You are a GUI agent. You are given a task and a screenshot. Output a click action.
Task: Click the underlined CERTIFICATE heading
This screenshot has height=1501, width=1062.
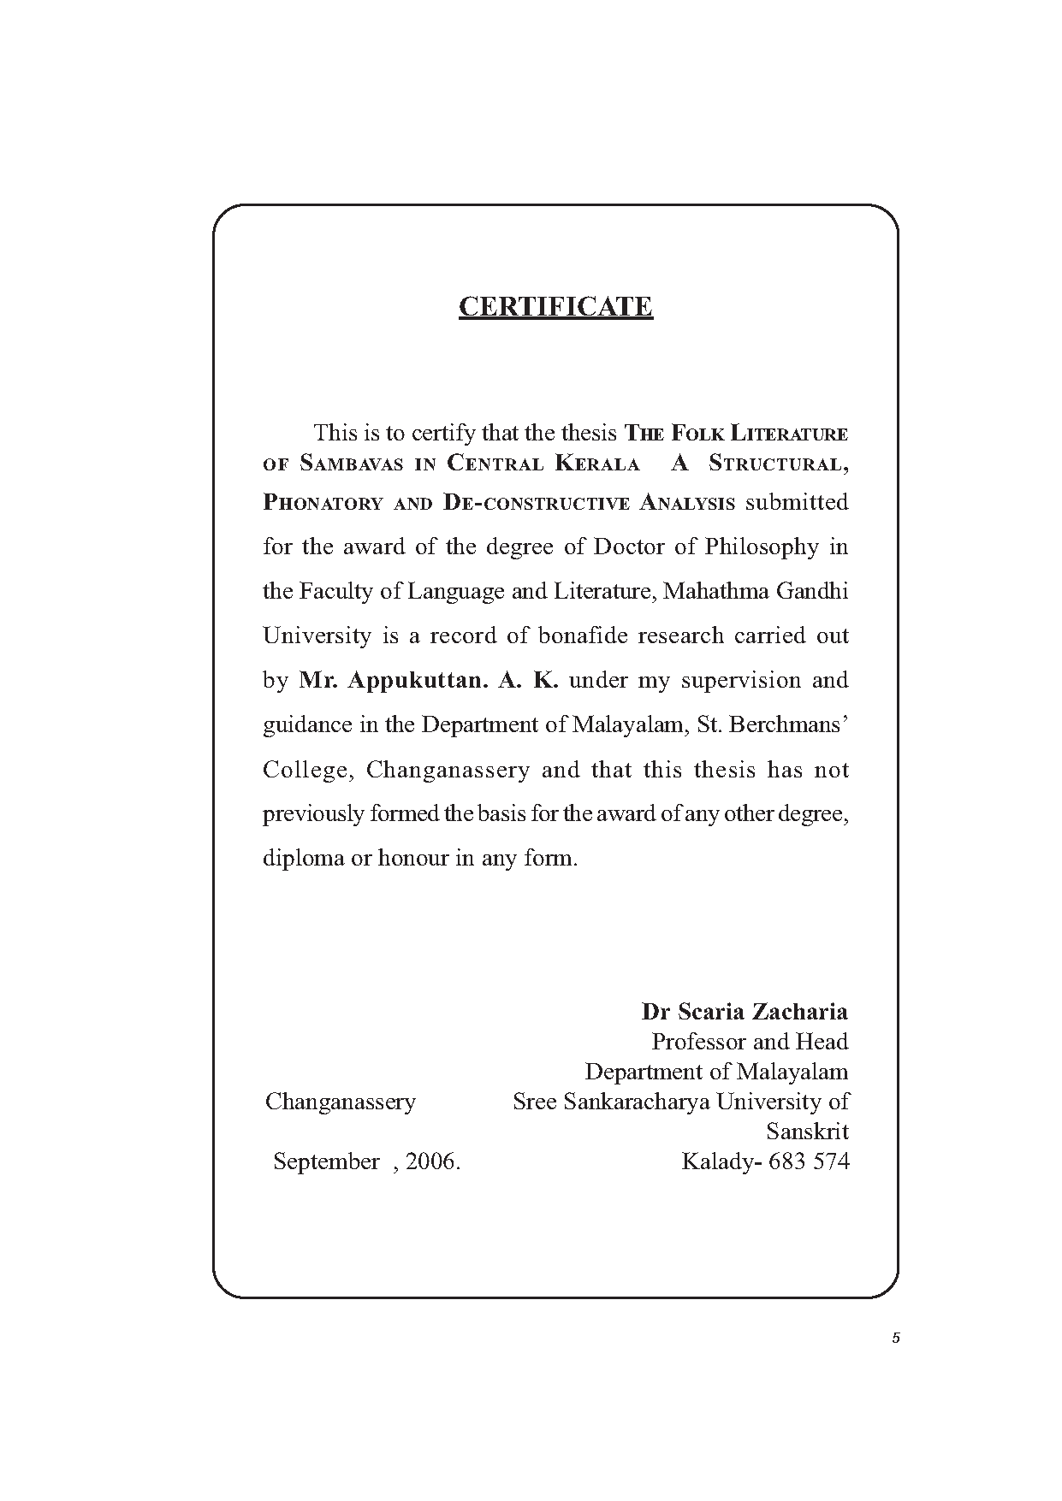click(555, 306)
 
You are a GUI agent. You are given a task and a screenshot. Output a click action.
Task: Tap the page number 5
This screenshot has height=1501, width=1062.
click(896, 1338)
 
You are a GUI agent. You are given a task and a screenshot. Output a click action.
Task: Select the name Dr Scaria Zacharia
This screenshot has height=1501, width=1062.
click(745, 1012)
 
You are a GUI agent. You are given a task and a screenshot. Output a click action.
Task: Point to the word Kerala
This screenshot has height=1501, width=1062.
click(597, 464)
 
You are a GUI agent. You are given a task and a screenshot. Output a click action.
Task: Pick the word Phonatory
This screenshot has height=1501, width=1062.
click(322, 503)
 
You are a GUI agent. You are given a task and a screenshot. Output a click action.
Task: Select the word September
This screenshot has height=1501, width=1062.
click(326, 1161)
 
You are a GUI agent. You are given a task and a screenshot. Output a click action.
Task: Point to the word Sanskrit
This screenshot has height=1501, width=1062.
click(807, 1132)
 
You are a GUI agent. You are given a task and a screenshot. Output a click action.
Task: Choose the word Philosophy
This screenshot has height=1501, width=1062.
click(762, 547)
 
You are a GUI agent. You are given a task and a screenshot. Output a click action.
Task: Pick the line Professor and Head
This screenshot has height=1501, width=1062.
click(750, 1042)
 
